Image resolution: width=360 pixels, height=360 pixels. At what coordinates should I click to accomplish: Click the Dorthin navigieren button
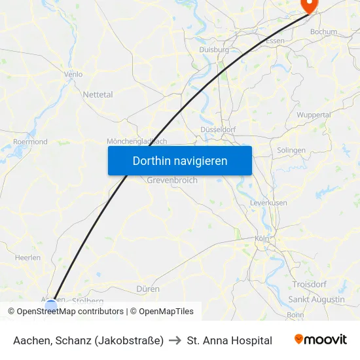coord(180,160)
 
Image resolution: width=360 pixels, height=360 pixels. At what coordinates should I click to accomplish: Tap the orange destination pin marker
coord(308,5)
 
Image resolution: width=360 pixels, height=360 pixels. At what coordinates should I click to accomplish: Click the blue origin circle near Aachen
coord(51,305)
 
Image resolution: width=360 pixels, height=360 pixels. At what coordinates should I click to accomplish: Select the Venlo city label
coord(73,75)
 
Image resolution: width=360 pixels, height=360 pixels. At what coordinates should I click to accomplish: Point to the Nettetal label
coord(98,94)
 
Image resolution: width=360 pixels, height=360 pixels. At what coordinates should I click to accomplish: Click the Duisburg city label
coord(213,49)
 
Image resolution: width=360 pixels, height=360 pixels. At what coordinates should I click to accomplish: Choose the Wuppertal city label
coord(314,115)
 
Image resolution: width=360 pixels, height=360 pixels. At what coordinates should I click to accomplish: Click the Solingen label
coord(291,150)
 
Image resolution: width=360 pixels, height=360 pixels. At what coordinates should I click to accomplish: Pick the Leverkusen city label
coord(268,203)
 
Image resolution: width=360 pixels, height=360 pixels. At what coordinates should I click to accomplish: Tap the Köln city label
coord(262,239)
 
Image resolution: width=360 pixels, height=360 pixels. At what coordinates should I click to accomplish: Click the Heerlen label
coord(27,259)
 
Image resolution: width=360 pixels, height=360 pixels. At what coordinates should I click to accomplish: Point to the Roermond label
coord(30,141)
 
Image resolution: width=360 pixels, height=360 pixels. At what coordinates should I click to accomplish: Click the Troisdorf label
coord(310,285)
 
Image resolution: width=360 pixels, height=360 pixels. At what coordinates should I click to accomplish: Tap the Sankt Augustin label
coord(316,299)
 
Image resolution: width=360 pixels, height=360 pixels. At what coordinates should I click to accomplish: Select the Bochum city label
coord(323,31)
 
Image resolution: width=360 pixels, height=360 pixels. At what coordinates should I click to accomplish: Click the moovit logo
coord(321,340)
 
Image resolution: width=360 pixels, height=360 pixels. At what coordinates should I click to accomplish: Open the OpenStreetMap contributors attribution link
coord(70,312)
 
